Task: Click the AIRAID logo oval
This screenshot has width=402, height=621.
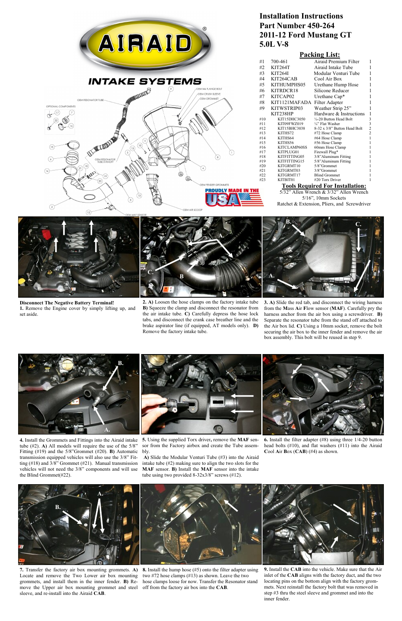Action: pos(145,44)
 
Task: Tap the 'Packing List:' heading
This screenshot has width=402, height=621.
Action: pos(319,54)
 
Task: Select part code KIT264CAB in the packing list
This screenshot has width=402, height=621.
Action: pos(284,79)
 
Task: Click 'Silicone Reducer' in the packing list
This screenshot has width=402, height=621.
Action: pos(331,91)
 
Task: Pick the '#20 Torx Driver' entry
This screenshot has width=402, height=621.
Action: pos(327,180)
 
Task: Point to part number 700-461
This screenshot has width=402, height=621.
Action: pos(279,61)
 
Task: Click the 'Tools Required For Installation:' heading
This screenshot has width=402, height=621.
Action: pos(324,186)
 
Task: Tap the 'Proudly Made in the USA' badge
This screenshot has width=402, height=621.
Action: pos(234,197)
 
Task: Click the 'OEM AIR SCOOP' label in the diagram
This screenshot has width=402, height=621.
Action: pos(192,210)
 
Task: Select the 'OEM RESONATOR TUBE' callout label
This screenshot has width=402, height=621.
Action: pos(90,100)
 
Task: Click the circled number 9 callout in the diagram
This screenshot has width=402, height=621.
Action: pos(171,89)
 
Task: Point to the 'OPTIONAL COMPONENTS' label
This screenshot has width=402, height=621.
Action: pos(61,107)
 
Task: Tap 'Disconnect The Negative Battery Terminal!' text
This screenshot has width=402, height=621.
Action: pos(67,303)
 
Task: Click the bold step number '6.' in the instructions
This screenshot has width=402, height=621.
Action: pos(266,440)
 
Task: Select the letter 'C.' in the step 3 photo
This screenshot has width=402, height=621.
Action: pos(358,224)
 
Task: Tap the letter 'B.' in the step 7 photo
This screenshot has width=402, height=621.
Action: pos(58,507)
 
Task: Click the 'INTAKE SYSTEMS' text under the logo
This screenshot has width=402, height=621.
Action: pos(145,81)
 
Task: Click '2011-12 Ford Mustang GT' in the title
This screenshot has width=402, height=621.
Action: pos(305,35)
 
